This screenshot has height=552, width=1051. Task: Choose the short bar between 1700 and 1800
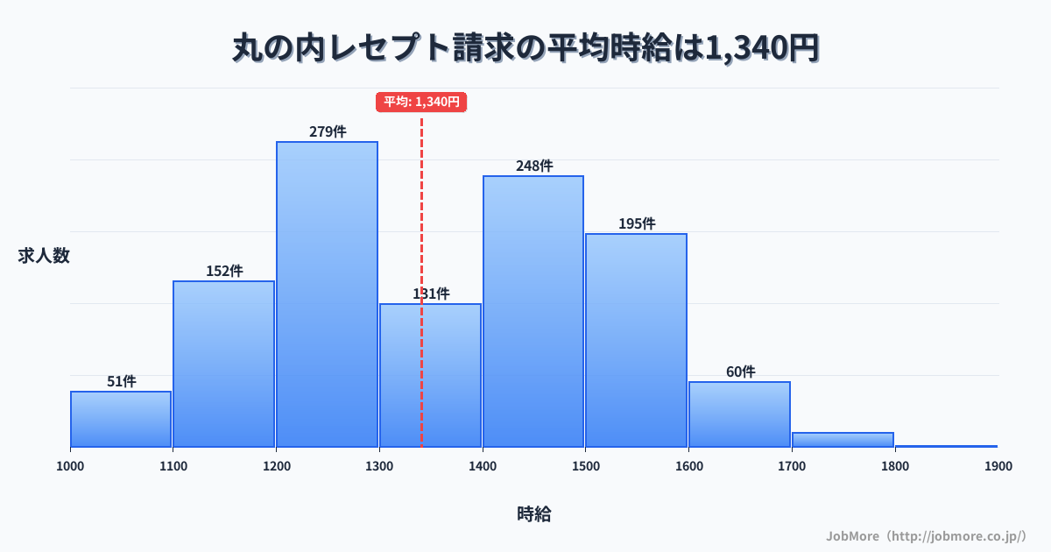tap(843, 440)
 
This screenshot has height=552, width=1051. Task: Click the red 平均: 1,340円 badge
tap(421, 102)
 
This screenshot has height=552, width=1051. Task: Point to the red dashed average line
tap(421, 219)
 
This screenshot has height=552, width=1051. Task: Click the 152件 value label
tap(224, 271)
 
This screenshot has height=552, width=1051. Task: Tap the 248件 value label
tap(534, 166)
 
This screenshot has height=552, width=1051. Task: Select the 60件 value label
tap(740, 372)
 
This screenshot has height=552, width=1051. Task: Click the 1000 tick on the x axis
tap(70, 466)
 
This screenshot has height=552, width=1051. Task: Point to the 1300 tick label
tap(379, 466)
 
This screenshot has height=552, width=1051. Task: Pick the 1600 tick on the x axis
tap(688, 466)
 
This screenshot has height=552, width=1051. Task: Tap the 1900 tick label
tap(998, 466)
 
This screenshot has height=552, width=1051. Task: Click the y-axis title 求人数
tap(44, 256)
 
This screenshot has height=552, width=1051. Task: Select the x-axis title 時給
tap(534, 514)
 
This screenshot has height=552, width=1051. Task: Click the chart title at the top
tap(525, 49)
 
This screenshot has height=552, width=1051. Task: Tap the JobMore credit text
tap(926, 535)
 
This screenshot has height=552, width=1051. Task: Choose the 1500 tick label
tap(585, 466)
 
